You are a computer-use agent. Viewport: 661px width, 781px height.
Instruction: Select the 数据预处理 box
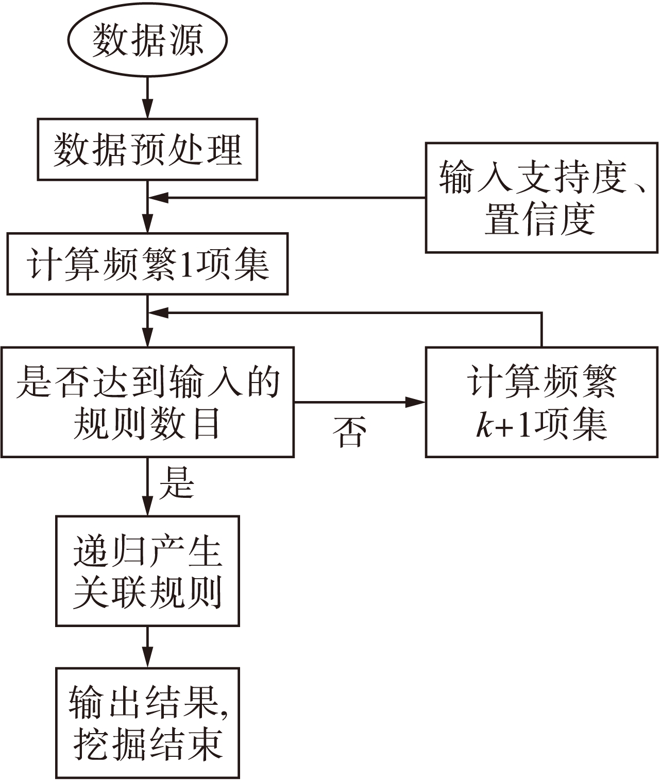(x=148, y=149)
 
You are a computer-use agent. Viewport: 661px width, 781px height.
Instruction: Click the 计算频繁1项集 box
(x=147, y=264)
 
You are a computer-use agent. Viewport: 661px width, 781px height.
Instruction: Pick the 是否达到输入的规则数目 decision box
(x=147, y=402)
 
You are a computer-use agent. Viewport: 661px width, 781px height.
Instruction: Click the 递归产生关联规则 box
(x=148, y=571)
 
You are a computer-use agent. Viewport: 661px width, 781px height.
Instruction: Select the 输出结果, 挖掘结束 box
(x=148, y=722)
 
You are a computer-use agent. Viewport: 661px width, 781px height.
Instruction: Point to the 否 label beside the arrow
(x=349, y=431)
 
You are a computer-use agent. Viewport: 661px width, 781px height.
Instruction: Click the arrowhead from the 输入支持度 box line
(x=158, y=197)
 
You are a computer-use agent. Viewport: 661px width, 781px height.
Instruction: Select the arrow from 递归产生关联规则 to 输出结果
(x=148, y=647)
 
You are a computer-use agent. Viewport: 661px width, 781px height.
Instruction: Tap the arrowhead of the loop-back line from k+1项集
(x=158, y=313)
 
